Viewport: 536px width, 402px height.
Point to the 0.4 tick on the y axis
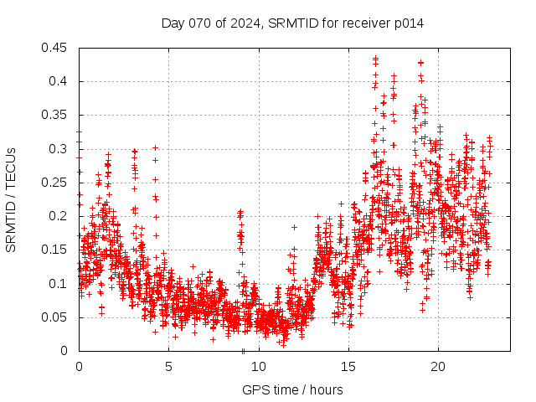(62, 81)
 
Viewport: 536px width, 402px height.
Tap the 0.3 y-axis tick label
(62, 149)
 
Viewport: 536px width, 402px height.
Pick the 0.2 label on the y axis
(62, 216)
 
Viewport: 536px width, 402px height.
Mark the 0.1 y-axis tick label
(62, 283)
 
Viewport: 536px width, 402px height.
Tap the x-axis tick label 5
(168, 367)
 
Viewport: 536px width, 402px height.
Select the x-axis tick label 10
(258, 367)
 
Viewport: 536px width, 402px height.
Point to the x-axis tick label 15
(348, 367)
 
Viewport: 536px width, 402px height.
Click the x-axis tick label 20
(437, 367)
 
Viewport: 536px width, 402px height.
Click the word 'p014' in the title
(408, 23)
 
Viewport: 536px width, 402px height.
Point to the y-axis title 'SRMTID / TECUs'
(11, 199)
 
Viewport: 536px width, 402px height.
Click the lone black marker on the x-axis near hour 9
(243, 350)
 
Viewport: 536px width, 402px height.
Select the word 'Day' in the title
(173, 23)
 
